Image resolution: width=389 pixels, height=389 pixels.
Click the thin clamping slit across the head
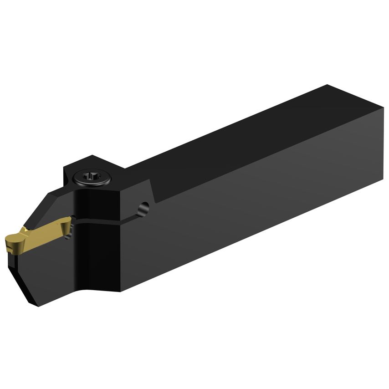point(105,222)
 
